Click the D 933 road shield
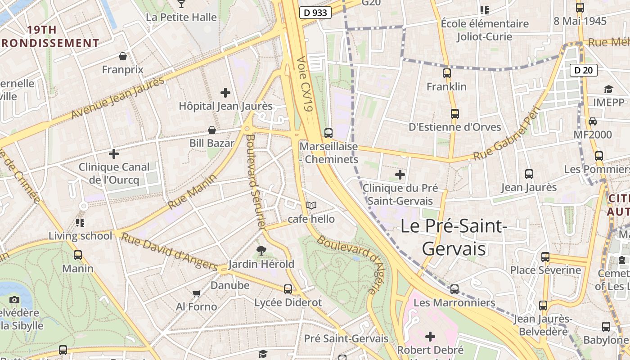315,13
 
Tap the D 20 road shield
584,70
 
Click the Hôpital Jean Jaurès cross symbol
225,93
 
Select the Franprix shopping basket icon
122,56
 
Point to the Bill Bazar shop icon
211,130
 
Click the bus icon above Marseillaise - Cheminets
328,133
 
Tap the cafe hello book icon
311,205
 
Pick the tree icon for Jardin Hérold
261,250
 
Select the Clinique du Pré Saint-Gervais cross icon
400,174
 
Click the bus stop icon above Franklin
446,73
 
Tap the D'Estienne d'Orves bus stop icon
454,113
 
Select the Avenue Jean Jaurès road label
118,98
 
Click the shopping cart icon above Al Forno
196,293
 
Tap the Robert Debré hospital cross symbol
430,336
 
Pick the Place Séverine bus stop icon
545,257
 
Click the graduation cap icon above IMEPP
608,89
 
